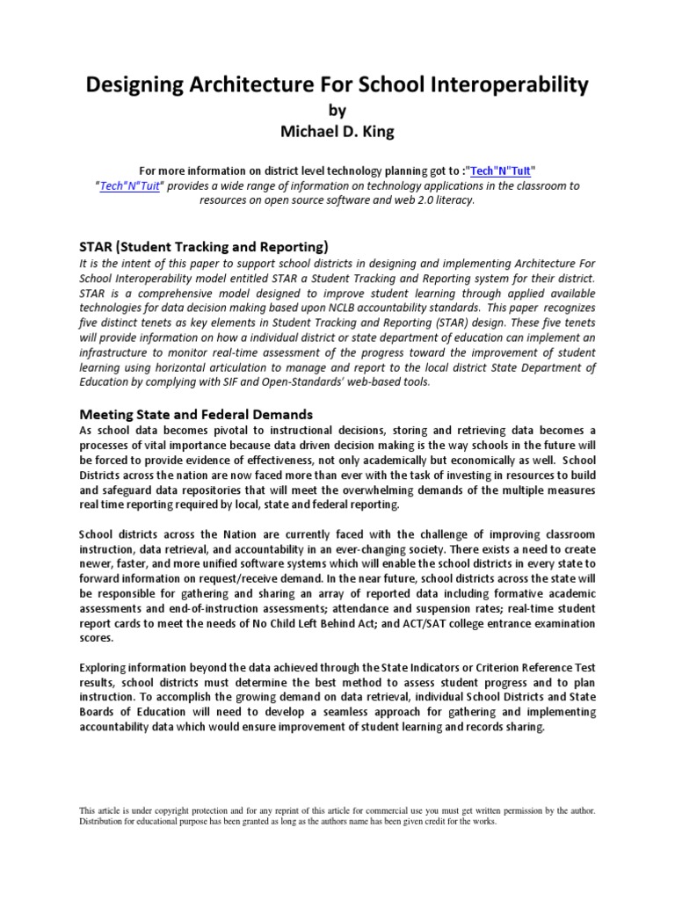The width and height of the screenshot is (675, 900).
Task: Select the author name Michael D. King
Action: pyautogui.click(x=337, y=133)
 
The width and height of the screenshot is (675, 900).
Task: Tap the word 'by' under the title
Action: pyautogui.click(x=337, y=110)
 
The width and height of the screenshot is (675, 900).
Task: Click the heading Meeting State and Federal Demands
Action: pyautogui.click(x=196, y=413)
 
